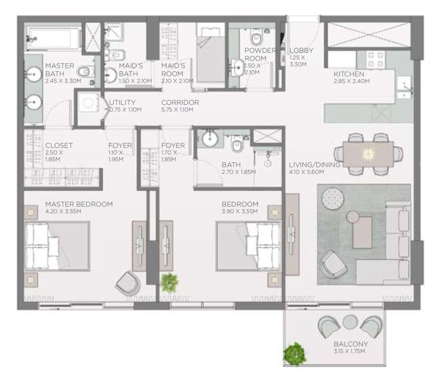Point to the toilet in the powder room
point(257,38)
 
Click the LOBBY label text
point(301,51)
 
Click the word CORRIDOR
point(180,103)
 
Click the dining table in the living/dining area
point(368,153)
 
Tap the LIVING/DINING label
point(314,165)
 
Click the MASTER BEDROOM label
point(79,204)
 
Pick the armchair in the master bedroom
point(128,284)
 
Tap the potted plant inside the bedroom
point(169,283)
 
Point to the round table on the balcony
point(350,322)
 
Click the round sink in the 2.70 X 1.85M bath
point(209,139)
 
